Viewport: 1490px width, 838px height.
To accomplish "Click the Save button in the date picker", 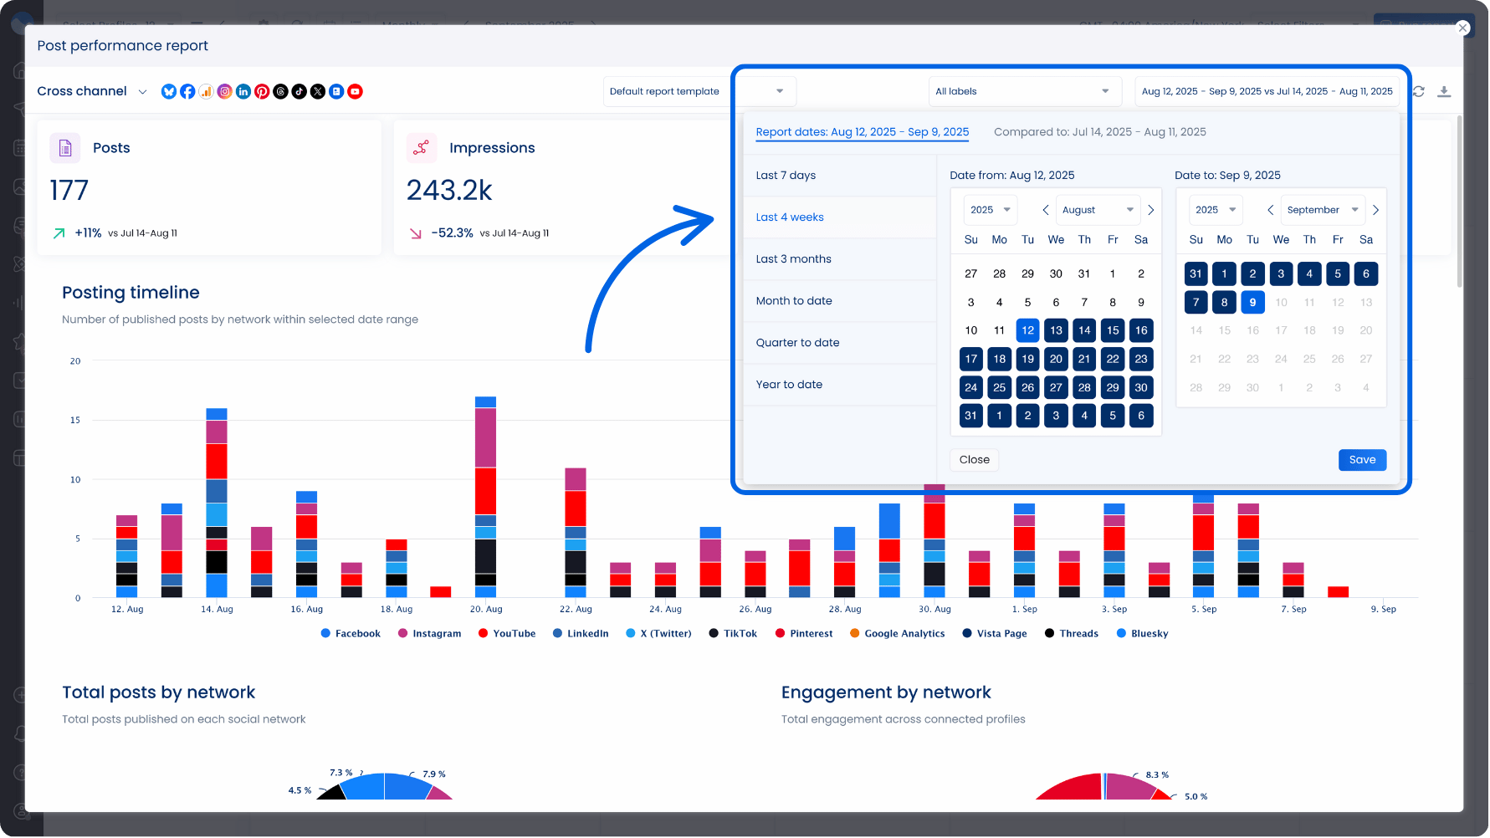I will click(1362, 460).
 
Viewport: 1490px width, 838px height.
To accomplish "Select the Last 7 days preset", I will click(786, 176).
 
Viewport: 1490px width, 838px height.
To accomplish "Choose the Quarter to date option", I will click(797, 343).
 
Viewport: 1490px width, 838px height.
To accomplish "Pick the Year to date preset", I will click(789, 385).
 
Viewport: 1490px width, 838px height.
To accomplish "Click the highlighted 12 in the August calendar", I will click(1027, 330).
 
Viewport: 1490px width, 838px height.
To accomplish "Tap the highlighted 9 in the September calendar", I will click(1252, 303).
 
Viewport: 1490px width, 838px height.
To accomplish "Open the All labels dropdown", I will click(1023, 92).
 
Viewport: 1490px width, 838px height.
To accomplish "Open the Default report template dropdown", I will click(699, 92).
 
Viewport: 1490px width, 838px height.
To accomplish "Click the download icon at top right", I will click(1444, 92).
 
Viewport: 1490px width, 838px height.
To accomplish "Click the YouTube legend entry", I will click(507, 634).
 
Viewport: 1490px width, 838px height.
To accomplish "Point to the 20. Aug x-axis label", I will click(486, 610).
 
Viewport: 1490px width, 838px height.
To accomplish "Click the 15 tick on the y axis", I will click(75, 421).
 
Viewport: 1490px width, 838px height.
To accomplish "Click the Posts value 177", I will click(69, 191).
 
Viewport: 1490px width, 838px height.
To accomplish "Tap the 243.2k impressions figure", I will click(449, 191).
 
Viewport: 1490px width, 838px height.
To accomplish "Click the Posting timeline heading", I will click(131, 293).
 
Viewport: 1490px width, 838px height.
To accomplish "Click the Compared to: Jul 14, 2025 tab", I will click(1099, 132).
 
